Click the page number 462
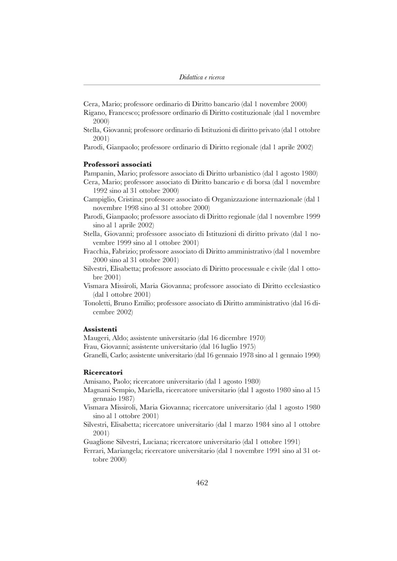pyautogui.click(x=202, y=483)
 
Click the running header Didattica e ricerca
pyautogui.click(x=202, y=77)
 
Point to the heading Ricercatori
pyautogui.click(x=103, y=373)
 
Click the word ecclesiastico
pyautogui.click(x=299, y=286)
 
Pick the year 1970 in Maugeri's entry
pyautogui.click(x=255, y=338)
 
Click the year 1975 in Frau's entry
pyautogui.click(x=245, y=346)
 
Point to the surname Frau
pyautogui.click(x=91, y=346)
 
